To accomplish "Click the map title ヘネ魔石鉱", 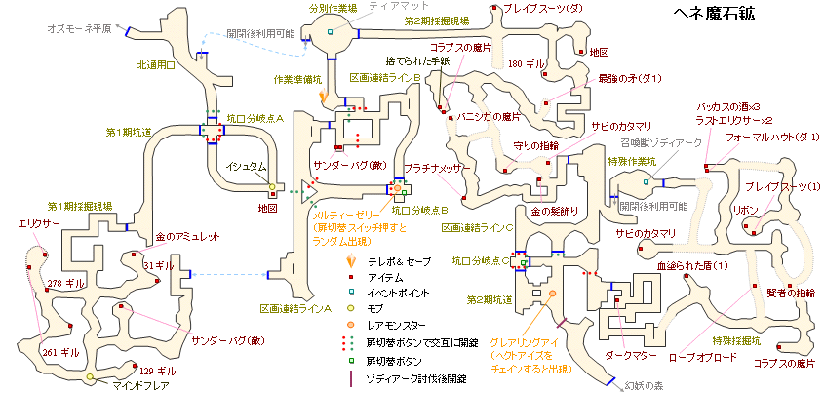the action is coord(714,15).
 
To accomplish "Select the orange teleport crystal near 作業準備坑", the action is coord(323,97).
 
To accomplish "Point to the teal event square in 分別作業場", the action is coord(330,32).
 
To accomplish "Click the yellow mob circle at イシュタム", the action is coord(272,186).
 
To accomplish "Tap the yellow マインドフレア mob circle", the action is coord(90,376).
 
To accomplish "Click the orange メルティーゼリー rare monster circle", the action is coord(397,187).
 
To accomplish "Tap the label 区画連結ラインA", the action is coord(295,308).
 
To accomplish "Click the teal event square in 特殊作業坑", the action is coord(646,181).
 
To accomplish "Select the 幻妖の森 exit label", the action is coord(645,387).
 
